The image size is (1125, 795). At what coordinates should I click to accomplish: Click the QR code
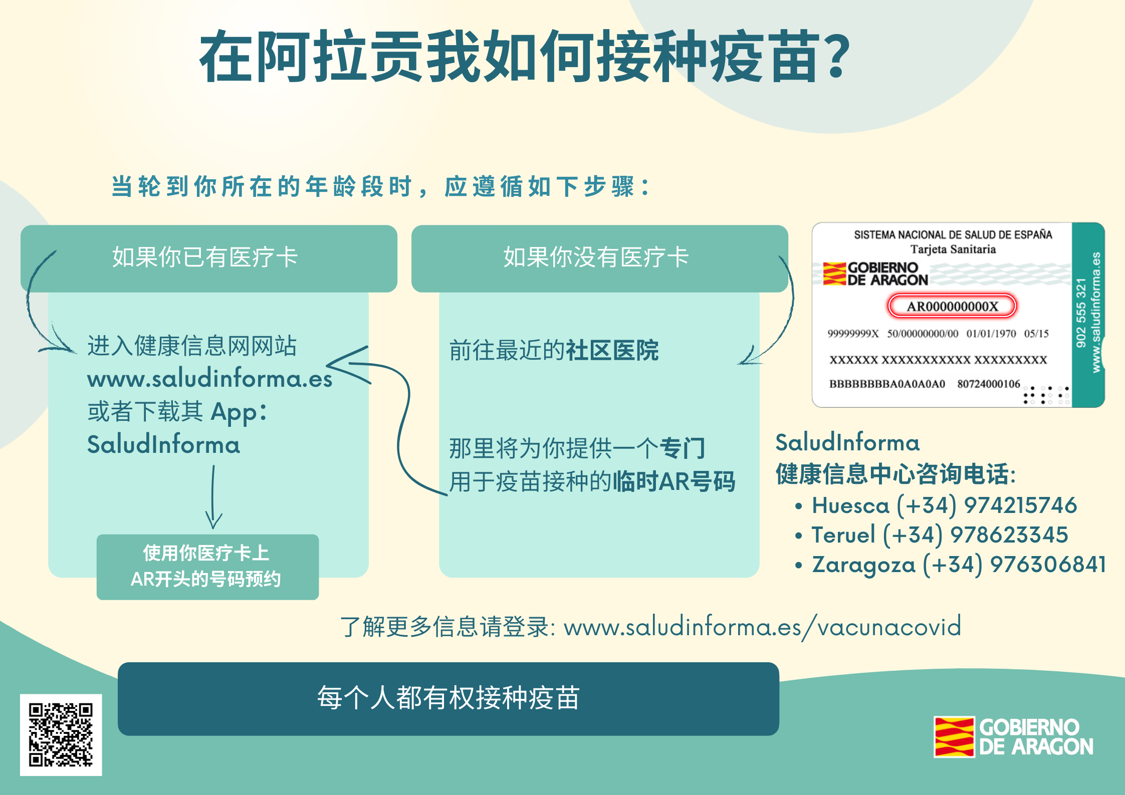(x=61, y=734)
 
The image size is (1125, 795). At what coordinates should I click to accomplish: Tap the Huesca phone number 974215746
(x=1020, y=505)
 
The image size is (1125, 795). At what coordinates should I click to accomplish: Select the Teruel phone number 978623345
(x=1009, y=535)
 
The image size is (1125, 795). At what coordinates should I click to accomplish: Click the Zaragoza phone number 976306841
(x=1048, y=564)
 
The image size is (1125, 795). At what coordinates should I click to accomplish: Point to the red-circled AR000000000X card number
(x=952, y=306)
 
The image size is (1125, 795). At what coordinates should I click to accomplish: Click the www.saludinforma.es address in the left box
(x=209, y=379)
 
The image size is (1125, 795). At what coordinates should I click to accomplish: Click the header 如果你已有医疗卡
(x=205, y=257)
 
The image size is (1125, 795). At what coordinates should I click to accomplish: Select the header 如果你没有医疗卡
(x=596, y=257)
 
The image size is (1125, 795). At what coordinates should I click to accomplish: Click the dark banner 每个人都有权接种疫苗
(x=448, y=699)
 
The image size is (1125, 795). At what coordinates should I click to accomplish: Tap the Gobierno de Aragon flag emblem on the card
(x=834, y=274)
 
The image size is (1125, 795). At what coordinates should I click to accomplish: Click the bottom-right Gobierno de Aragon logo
(x=1013, y=737)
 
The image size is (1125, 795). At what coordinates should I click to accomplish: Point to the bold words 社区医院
(x=612, y=350)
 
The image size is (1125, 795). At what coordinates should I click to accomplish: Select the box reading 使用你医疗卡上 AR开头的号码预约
(x=207, y=567)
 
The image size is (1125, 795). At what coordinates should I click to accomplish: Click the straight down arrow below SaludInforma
(x=213, y=496)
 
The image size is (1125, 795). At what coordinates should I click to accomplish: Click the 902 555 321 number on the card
(x=1081, y=313)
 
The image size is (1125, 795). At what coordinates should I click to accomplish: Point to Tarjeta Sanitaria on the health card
(x=953, y=249)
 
